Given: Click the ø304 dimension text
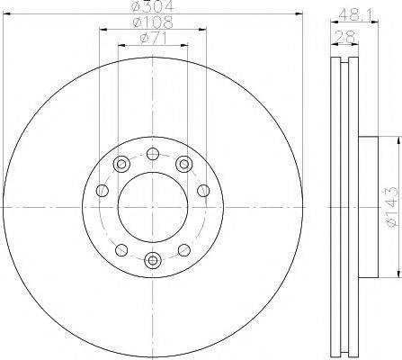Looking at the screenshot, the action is click(153, 6).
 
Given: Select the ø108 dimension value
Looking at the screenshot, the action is click(153, 22).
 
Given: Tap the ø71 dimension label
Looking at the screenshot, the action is click(153, 38).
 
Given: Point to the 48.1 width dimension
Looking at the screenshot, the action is click(354, 14).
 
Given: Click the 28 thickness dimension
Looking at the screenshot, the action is click(344, 37).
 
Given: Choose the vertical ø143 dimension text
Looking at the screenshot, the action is click(393, 206).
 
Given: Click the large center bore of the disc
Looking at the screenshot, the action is click(153, 207).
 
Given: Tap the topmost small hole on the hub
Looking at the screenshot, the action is click(153, 154).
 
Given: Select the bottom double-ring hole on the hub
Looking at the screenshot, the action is click(153, 259).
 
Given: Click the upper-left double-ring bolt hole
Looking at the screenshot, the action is click(121, 164).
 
